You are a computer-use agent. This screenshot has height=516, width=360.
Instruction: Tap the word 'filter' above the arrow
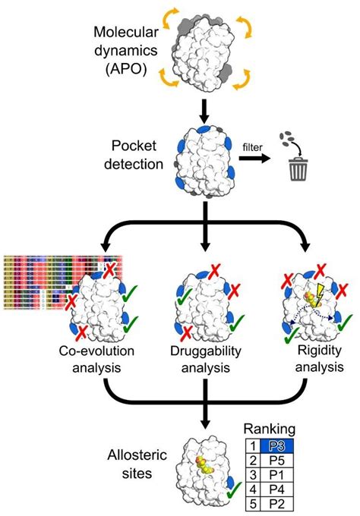point(254,144)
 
